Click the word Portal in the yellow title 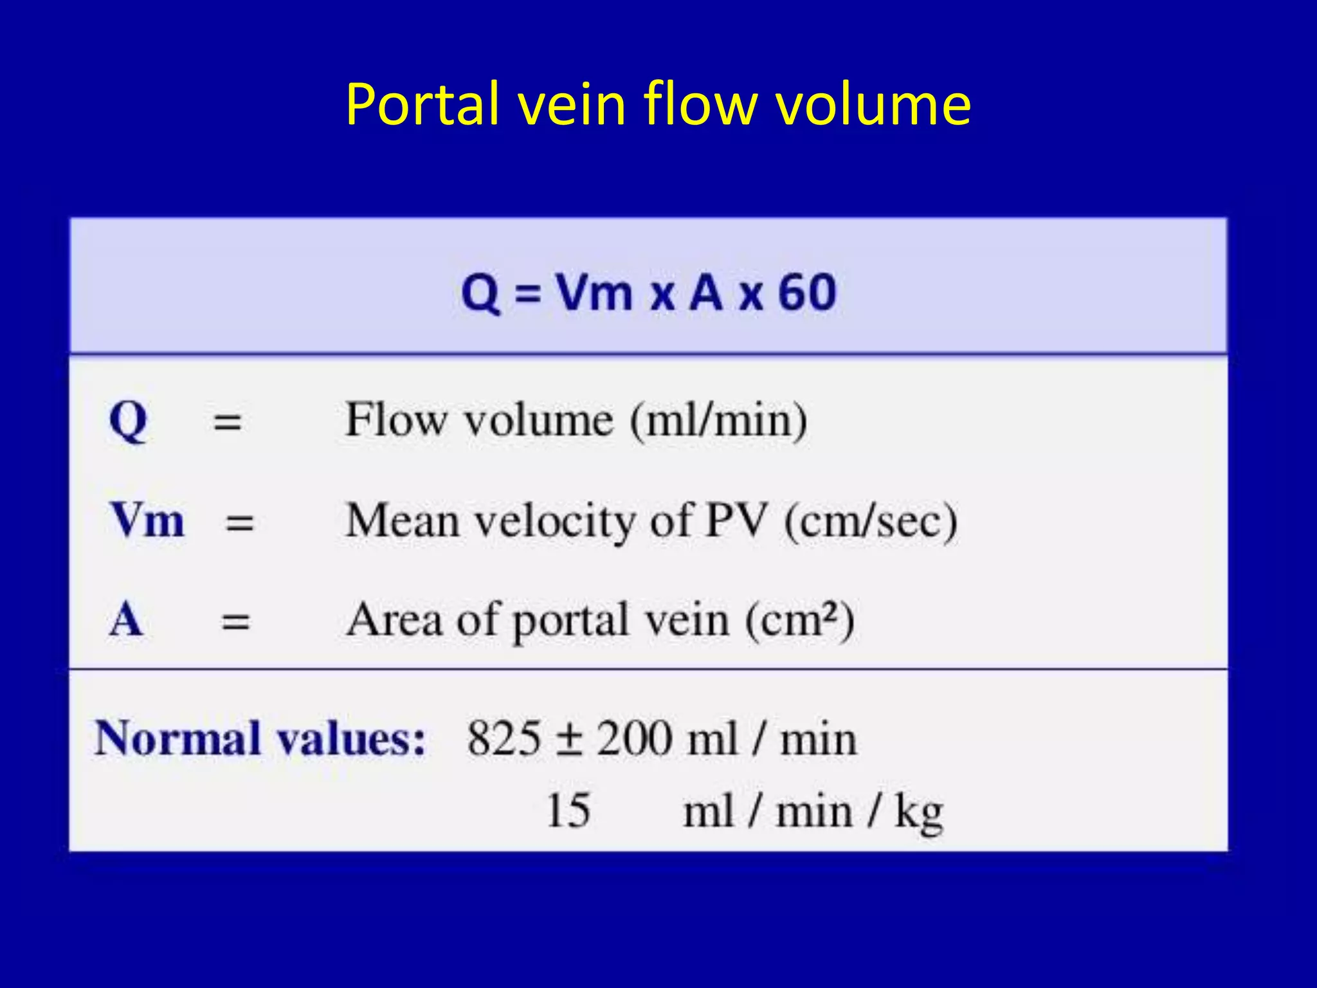pyautogui.click(x=422, y=104)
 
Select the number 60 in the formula pyautogui.click(x=807, y=293)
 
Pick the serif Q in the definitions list pyautogui.click(x=128, y=421)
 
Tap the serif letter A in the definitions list pyautogui.click(x=126, y=619)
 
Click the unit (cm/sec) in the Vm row pyautogui.click(x=871, y=521)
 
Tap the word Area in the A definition pyautogui.click(x=394, y=619)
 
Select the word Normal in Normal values pyautogui.click(x=177, y=738)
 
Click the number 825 pyautogui.click(x=504, y=738)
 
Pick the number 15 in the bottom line pyautogui.click(x=568, y=810)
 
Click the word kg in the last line pyautogui.click(x=918, y=813)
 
